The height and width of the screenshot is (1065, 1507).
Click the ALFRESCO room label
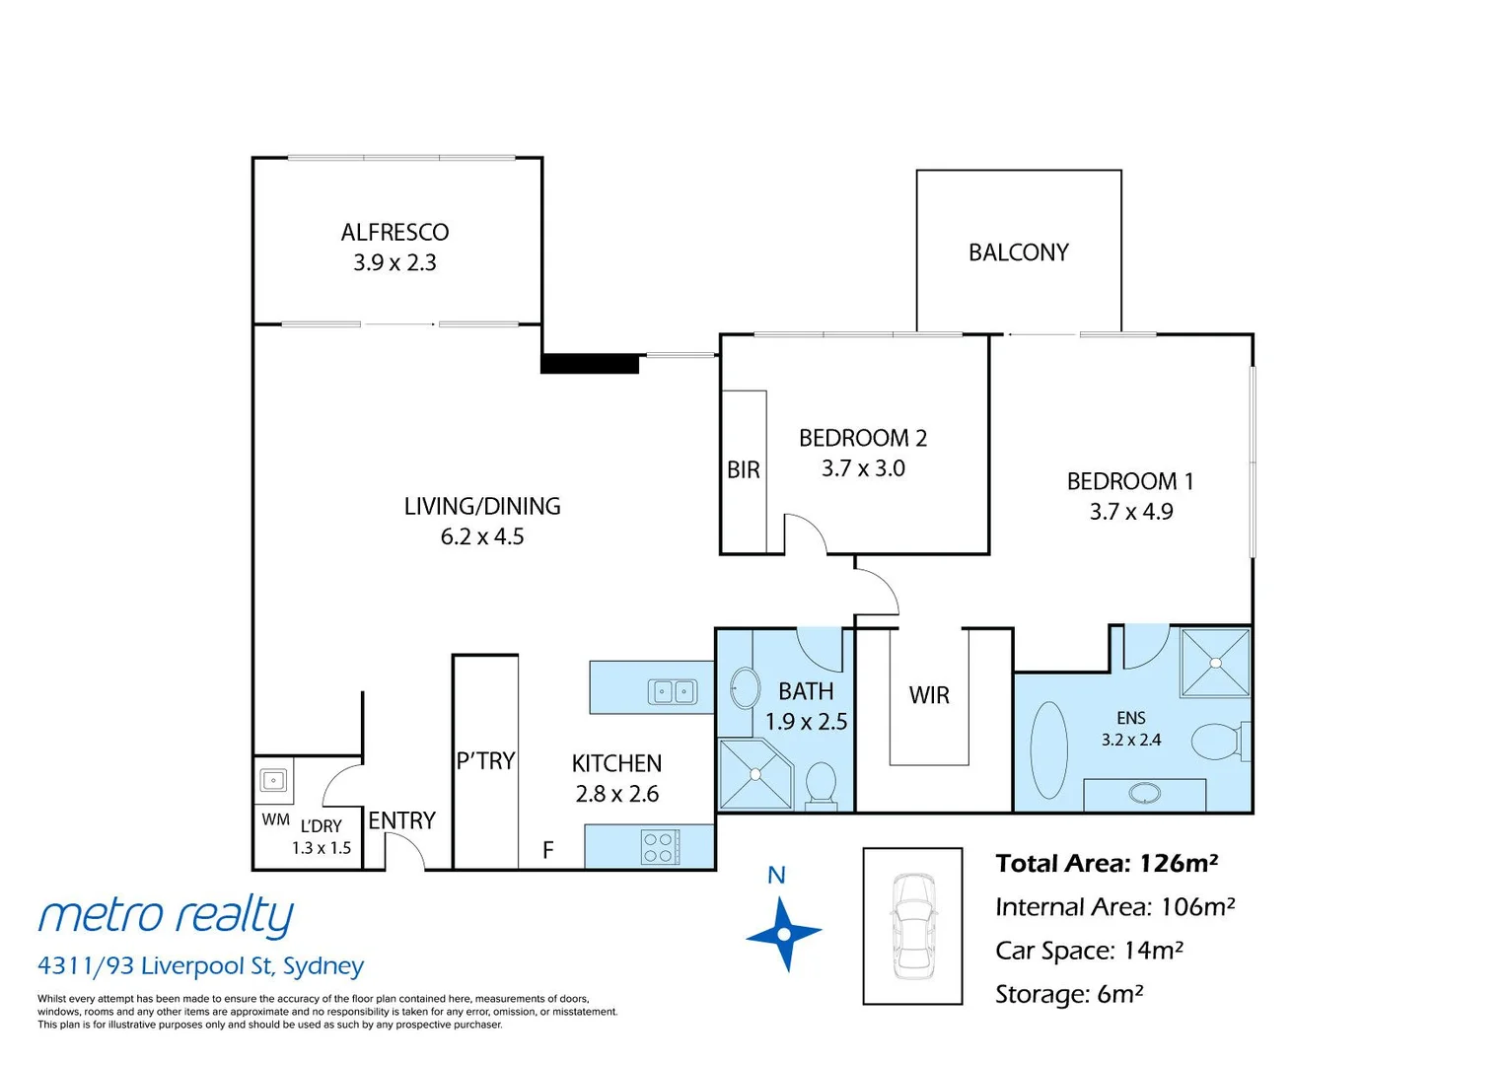click(395, 233)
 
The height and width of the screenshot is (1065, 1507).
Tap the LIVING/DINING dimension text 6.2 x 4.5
click(482, 537)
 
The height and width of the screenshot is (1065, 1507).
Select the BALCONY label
click(1018, 253)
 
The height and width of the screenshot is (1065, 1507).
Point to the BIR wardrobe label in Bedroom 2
click(743, 470)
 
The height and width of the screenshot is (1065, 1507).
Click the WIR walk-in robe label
click(929, 695)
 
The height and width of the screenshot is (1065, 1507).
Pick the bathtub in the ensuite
click(1048, 749)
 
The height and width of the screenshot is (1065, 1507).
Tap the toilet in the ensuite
click(1217, 742)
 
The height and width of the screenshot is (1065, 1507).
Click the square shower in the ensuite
click(1215, 663)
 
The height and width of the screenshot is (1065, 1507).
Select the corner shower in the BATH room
click(755, 774)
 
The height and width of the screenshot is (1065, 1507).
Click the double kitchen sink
click(673, 692)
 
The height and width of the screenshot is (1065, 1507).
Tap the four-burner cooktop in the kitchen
click(659, 847)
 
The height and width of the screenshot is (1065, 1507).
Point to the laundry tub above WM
click(273, 781)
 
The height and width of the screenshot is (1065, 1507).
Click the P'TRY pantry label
click(485, 761)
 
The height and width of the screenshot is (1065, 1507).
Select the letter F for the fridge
click(548, 850)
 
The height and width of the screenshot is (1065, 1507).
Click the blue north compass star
click(783, 933)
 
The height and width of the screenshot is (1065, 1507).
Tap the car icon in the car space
click(912, 926)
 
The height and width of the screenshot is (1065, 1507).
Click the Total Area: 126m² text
click(1107, 864)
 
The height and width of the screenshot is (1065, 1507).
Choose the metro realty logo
click(166, 915)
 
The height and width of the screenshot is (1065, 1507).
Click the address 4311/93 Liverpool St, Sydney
click(200, 966)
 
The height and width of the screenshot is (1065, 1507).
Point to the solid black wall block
click(590, 364)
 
